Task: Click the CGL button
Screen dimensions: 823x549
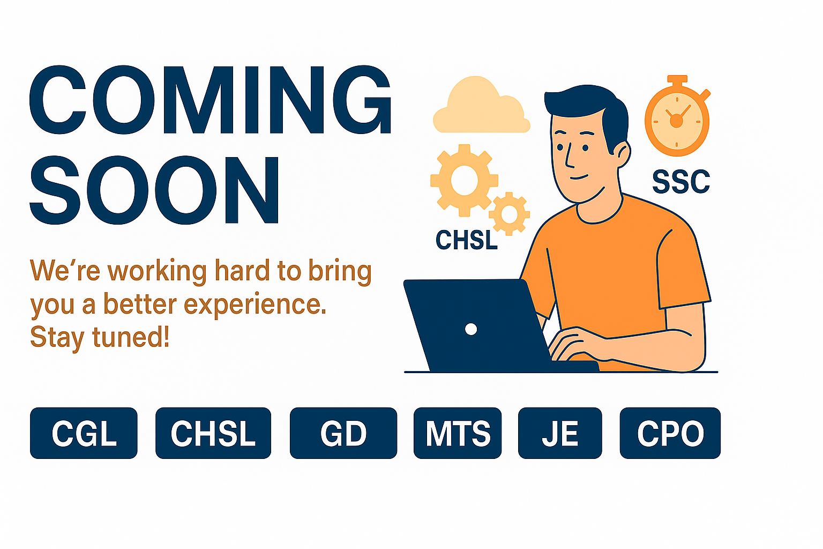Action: click(84, 433)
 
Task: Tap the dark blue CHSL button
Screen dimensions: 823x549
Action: click(213, 433)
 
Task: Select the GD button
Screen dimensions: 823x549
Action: click(343, 433)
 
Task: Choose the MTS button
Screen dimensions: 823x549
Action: click(458, 433)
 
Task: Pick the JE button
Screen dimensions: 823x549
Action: click(560, 433)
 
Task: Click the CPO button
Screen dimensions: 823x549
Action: click(670, 433)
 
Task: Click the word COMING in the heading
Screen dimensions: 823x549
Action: click(211, 100)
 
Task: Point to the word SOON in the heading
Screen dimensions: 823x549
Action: click(154, 190)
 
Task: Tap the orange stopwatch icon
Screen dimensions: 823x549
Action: click(677, 117)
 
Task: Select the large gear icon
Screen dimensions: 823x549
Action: click(464, 180)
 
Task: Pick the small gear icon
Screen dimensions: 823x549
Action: click(509, 213)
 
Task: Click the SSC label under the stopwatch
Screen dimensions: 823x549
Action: click(681, 182)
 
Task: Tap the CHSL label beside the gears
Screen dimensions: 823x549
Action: click(467, 240)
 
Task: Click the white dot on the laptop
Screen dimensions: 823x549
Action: click(471, 329)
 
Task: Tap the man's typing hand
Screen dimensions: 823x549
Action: click(577, 344)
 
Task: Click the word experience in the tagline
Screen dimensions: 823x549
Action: click(255, 305)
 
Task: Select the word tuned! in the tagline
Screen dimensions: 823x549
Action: click(131, 337)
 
